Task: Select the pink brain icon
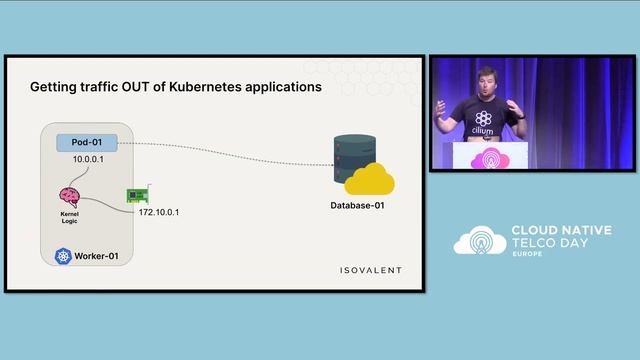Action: pyautogui.click(x=70, y=196)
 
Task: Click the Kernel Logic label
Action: pyautogui.click(x=70, y=217)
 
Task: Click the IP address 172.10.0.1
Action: pyautogui.click(x=166, y=212)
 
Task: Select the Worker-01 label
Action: pyautogui.click(x=100, y=257)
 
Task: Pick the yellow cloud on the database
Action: pyautogui.click(x=369, y=181)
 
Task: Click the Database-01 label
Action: pyautogui.click(x=357, y=206)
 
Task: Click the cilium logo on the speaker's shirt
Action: pyautogui.click(x=484, y=119)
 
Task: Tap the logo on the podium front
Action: pyautogui.click(x=489, y=159)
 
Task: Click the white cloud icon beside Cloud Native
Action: pyautogui.click(x=480, y=241)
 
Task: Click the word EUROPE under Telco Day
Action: pyautogui.click(x=529, y=256)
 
